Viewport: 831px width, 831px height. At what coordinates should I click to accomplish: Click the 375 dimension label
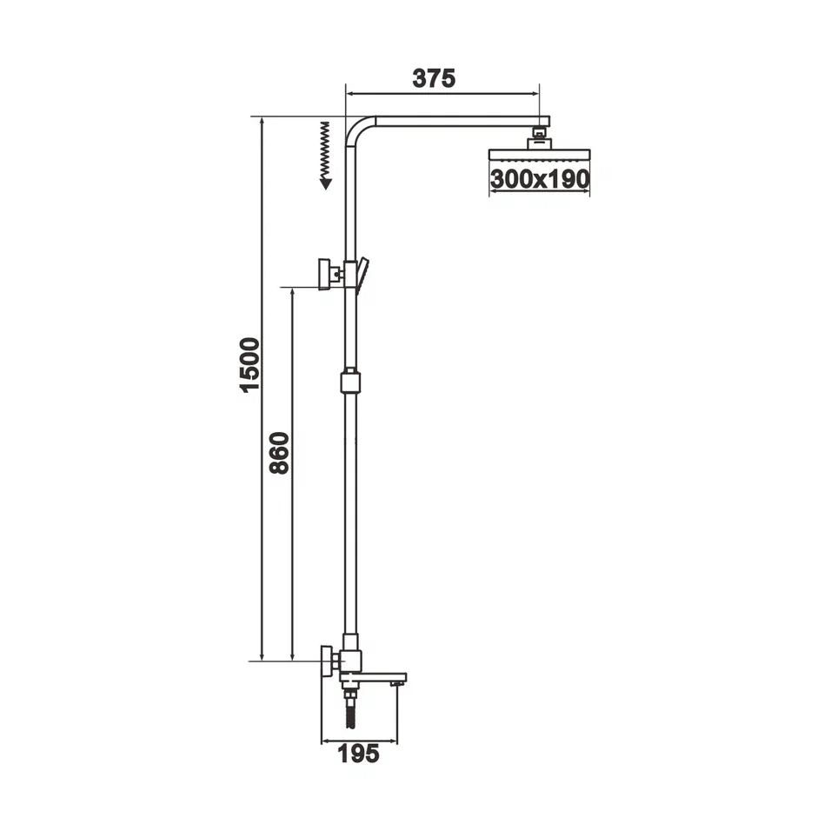point(433,78)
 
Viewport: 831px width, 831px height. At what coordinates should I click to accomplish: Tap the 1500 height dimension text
point(249,365)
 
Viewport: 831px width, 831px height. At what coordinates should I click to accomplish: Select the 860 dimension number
point(279,452)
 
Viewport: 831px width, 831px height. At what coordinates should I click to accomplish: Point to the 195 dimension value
point(358,754)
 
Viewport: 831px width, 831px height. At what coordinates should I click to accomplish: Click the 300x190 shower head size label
point(539,179)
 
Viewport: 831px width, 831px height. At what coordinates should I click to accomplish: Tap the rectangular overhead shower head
point(539,155)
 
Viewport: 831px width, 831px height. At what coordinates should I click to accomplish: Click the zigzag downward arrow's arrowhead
point(325,183)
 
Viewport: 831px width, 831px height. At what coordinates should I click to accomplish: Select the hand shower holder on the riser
point(360,273)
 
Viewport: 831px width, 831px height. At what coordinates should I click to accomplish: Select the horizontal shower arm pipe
point(452,123)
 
